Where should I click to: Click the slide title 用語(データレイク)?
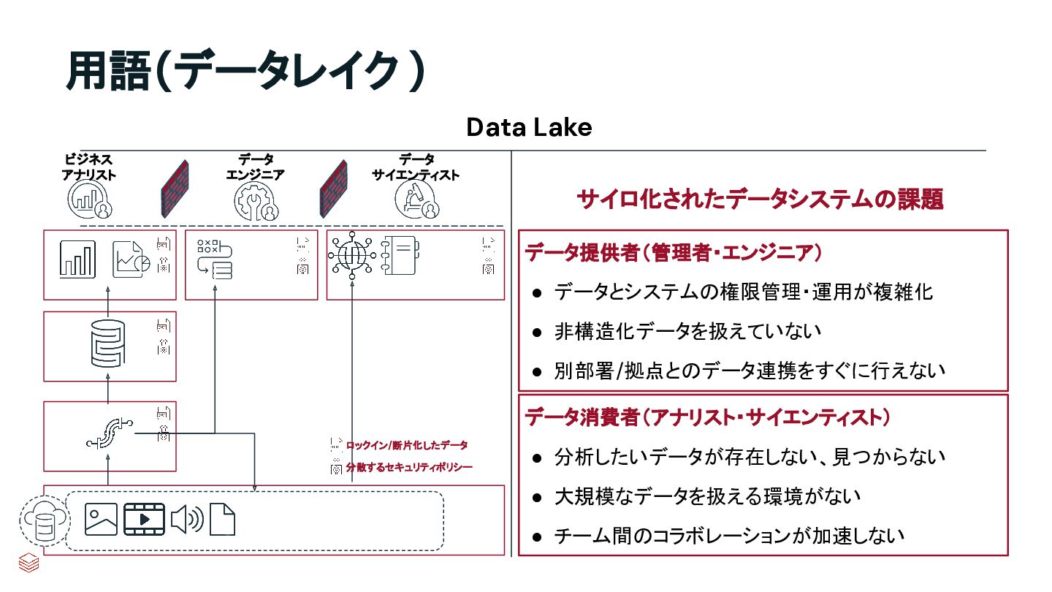click(245, 72)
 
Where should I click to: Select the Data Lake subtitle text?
click(529, 128)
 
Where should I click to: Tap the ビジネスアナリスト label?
click(89, 167)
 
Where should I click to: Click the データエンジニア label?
click(255, 167)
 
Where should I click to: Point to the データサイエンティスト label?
click(416, 167)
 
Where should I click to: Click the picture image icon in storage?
click(101, 520)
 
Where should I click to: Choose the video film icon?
click(144, 520)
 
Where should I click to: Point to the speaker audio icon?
click(187, 520)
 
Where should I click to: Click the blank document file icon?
click(223, 520)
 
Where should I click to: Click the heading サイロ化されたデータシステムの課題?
click(760, 199)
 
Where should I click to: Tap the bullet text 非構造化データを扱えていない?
click(687, 331)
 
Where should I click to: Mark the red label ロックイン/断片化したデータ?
click(407, 445)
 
